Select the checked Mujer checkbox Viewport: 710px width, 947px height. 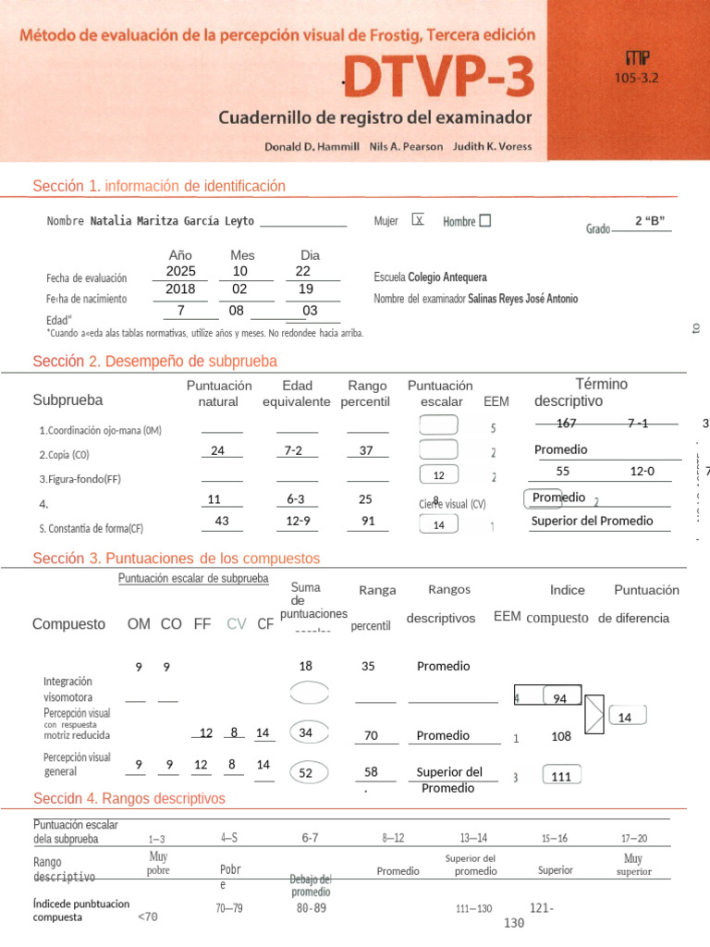coord(419,221)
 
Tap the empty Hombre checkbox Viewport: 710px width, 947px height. coord(485,221)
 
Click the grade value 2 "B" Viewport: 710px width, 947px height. coord(650,220)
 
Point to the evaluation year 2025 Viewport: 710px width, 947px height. coord(180,271)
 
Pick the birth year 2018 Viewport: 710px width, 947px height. coord(180,289)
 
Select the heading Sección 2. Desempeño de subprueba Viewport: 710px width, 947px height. coord(154,361)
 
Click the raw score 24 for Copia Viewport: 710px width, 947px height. coord(218,450)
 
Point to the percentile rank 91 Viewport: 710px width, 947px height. coord(368,521)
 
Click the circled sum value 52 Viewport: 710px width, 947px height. coord(305,772)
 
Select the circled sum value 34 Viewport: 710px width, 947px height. coord(305,733)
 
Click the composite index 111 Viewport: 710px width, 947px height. coord(561,777)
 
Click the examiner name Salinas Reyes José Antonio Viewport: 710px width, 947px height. coord(523,299)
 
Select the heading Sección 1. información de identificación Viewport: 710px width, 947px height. coord(159,186)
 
